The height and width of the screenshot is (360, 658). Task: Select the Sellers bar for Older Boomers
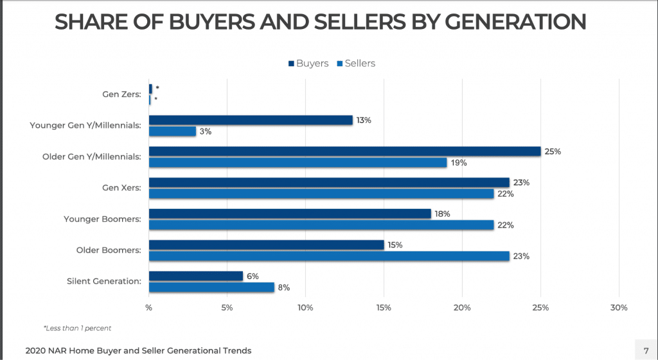(x=329, y=256)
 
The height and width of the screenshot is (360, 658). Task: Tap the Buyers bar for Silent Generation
(x=196, y=276)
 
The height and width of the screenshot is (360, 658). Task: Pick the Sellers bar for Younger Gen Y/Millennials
(x=172, y=131)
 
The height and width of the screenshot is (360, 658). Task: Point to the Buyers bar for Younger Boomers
(x=290, y=213)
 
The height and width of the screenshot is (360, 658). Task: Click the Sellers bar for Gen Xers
(x=321, y=194)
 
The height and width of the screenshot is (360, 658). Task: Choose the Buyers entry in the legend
(x=308, y=63)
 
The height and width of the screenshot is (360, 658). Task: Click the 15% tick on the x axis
(x=384, y=308)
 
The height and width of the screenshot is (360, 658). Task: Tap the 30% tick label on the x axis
(x=618, y=308)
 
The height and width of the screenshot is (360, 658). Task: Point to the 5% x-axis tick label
(x=227, y=308)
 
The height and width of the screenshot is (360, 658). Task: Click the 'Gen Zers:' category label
(x=122, y=94)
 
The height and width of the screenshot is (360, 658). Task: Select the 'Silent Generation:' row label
(x=103, y=281)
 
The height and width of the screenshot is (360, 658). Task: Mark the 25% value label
(x=553, y=152)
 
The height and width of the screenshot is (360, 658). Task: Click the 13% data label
(x=364, y=120)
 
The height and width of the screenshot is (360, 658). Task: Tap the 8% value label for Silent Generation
(x=283, y=287)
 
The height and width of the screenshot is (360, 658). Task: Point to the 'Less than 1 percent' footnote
(x=78, y=328)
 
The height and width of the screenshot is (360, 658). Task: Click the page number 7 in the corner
(x=646, y=350)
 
